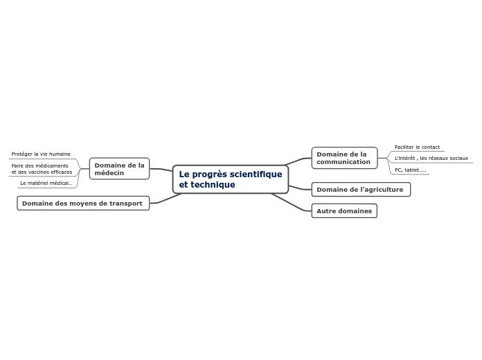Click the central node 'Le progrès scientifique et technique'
point(230,179)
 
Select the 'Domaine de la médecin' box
point(119,168)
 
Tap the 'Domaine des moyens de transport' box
point(82,203)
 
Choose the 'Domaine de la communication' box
point(343,158)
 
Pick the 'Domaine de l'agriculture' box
point(360,189)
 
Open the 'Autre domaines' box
point(343,210)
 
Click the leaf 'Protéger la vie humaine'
point(41,154)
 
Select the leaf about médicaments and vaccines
point(42,169)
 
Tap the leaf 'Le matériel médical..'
point(46,183)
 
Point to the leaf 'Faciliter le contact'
point(417,147)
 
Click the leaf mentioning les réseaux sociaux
point(431,158)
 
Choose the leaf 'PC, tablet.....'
point(410,170)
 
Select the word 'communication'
point(343,162)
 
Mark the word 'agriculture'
point(383,189)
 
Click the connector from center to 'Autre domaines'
point(291,201)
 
